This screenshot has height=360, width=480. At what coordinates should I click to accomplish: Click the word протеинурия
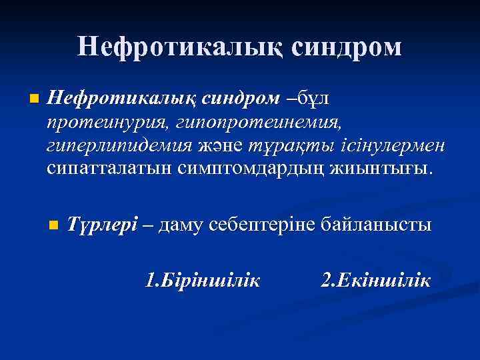[x=103, y=121]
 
